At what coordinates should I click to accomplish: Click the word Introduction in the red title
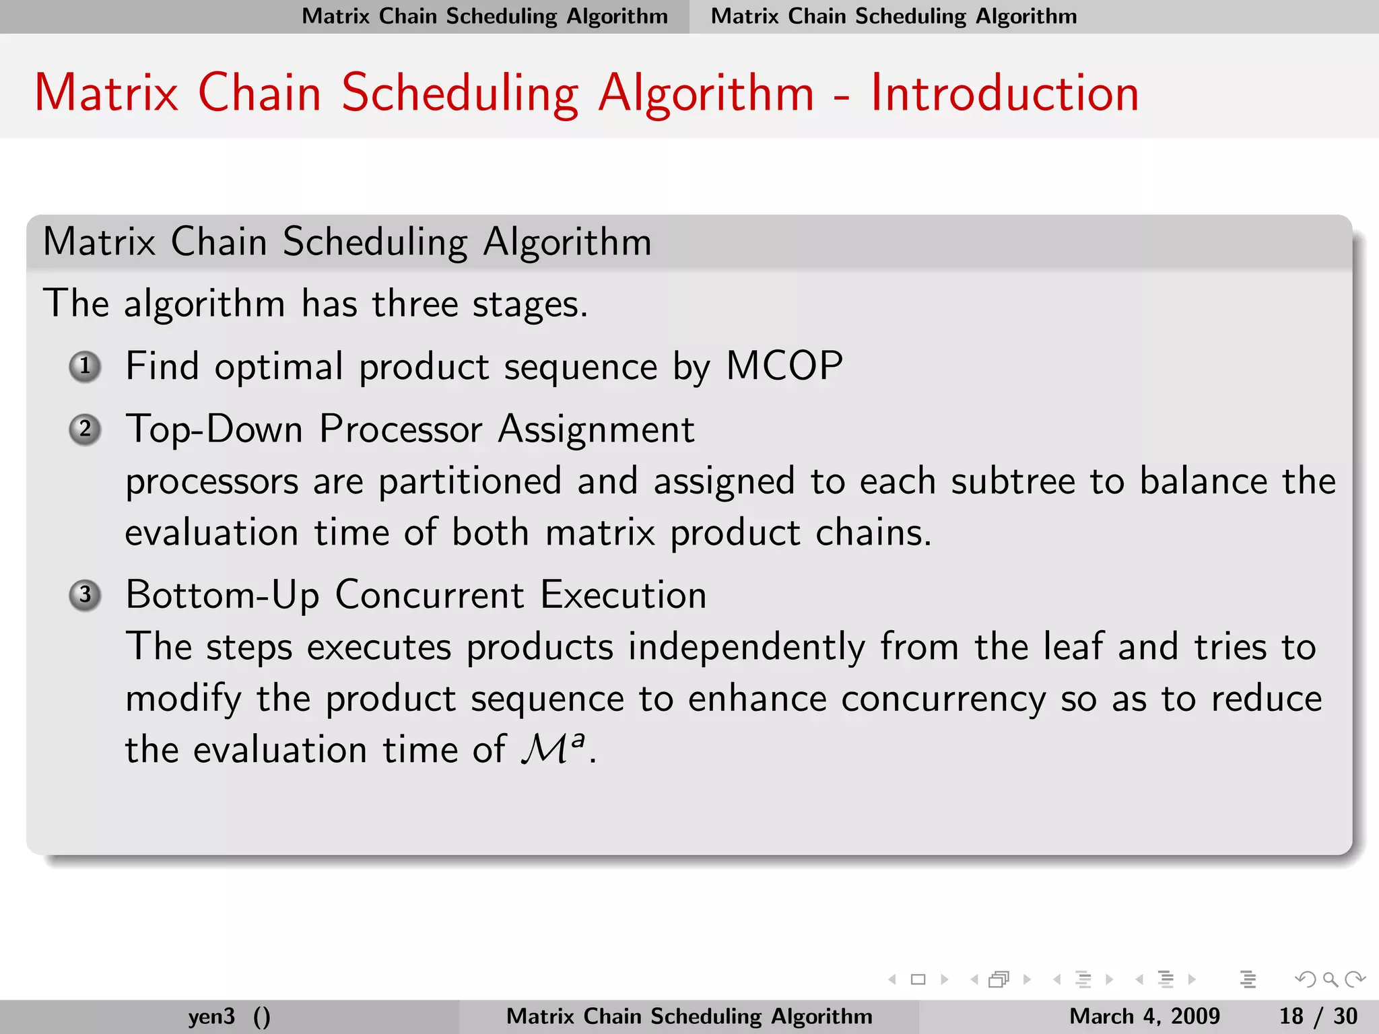click(1004, 93)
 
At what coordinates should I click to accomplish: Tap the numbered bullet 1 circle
click(86, 367)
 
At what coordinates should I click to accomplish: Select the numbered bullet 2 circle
click(86, 429)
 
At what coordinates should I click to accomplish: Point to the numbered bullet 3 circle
click(86, 595)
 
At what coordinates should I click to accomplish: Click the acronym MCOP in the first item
click(784, 367)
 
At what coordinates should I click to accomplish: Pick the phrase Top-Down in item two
click(214, 429)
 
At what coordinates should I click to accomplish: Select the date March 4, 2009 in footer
click(1144, 1016)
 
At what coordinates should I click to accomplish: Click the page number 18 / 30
click(1318, 1016)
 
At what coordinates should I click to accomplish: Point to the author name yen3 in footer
click(211, 1016)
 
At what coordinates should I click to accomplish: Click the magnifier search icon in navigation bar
click(1330, 979)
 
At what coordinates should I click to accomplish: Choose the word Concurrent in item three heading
click(430, 595)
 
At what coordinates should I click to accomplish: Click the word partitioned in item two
click(469, 481)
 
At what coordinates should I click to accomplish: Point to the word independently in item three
click(747, 648)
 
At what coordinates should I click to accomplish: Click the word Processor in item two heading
click(401, 429)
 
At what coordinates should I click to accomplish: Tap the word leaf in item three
click(1073, 647)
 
